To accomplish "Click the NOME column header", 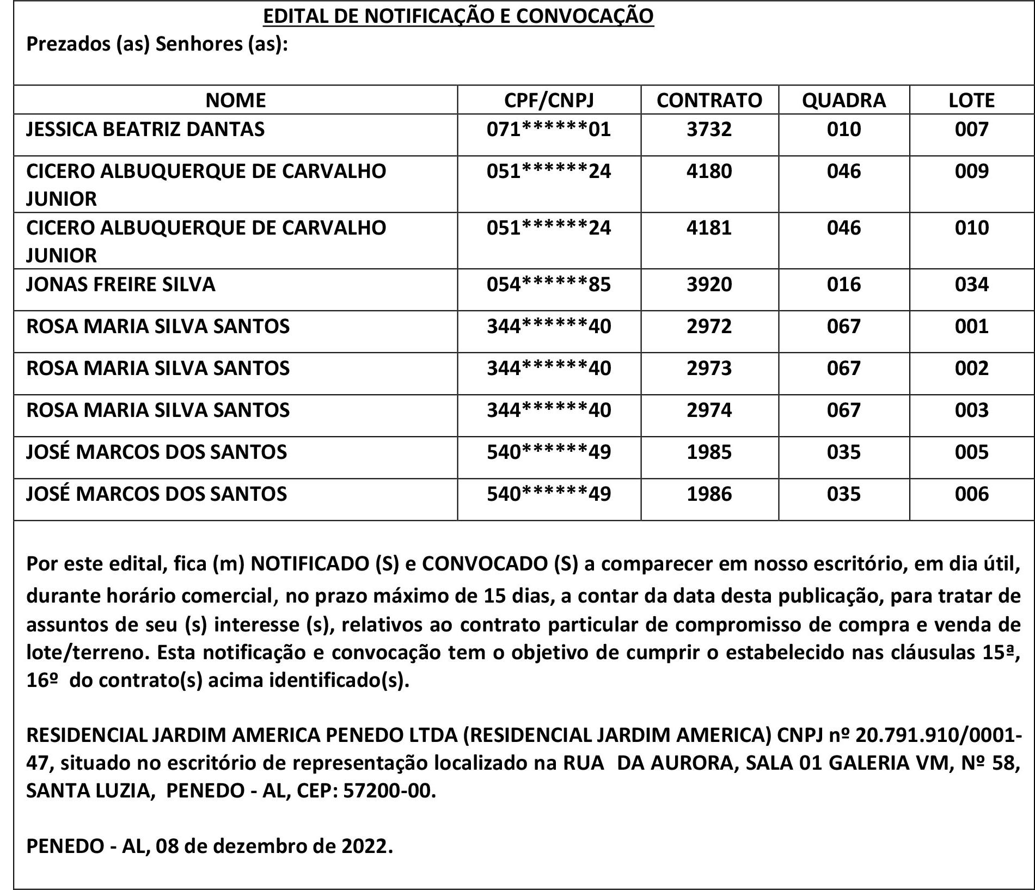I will (x=235, y=100).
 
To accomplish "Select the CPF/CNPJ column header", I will (x=549, y=100).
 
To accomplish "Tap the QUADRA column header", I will (x=843, y=100).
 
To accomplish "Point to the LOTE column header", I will (x=971, y=100).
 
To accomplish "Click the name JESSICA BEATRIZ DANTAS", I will (x=145, y=129).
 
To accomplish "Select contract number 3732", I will (x=709, y=129).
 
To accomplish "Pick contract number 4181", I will (x=709, y=228).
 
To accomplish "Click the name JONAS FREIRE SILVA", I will (x=120, y=284).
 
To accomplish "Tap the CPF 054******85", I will (x=549, y=284).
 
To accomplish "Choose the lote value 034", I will (x=971, y=284).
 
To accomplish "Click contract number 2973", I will (x=709, y=368).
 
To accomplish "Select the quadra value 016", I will (x=843, y=284).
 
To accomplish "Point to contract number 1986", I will (x=709, y=494).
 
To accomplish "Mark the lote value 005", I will (x=971, y=452).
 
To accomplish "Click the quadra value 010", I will (x=843, y=129).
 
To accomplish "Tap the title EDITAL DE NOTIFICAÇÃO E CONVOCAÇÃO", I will (x=458, y=16).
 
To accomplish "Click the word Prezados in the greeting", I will (x=68, y=44).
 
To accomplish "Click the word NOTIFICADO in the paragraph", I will (x=309, y=563).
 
